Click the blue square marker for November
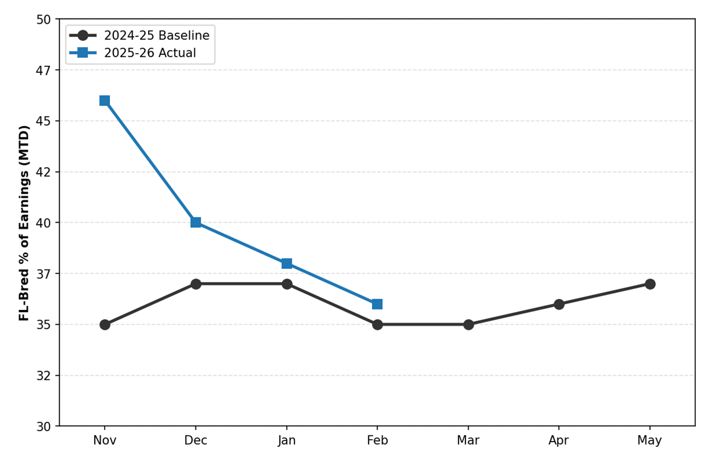(105, 101)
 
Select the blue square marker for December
(195, 223)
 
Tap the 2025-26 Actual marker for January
(286, 264)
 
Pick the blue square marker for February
(377, 304)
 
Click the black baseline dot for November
(105, 324)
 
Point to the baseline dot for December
(195, 284)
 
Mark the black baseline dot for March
(468, 324)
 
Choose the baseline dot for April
(559, 304)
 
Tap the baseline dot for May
(650, 284)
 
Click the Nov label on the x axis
(105, 440)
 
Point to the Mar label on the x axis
(468, 440)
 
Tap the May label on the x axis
(650, 440)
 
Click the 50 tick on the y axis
(45, 20)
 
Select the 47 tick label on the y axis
(45, 71)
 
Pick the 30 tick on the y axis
(45, 427)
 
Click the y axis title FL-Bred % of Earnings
(24, 223)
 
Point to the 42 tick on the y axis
(45, 172)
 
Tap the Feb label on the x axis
(377, 440)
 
